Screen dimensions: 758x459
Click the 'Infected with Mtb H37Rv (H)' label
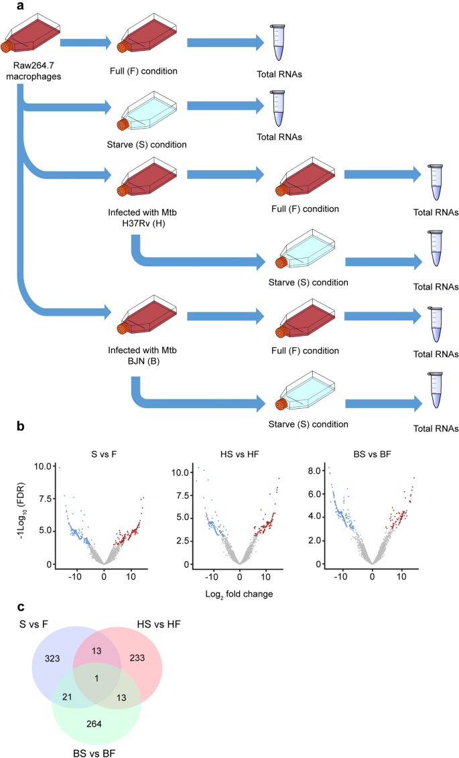point(149,217)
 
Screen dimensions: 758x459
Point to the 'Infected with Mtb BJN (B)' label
point(149,355)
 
